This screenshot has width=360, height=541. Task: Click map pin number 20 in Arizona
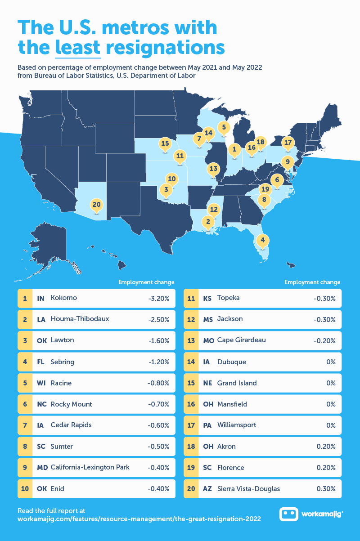[x=96, y=205]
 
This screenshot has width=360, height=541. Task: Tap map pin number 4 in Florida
[x=263, y=241]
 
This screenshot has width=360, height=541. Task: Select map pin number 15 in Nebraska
[x=165, y=144]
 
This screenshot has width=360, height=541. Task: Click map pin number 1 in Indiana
[x=234, y=149]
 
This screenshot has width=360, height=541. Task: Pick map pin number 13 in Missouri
[x=213, y=170]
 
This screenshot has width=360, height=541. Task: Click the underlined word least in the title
[x=77, y=47]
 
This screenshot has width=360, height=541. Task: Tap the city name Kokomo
[x=64, y=298]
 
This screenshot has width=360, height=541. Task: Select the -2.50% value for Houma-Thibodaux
[x=159, y=319]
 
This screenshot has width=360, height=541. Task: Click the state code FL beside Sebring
[x=40, y=362]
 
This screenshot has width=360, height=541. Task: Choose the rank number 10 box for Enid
[x=25, y=489]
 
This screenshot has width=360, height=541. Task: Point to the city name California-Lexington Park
[x=90, y=467]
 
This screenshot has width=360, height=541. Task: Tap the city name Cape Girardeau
[x=241, y=340]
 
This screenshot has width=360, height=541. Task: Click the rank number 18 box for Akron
[x=191, y=447]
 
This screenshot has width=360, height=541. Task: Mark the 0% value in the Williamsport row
[x=331, y=425]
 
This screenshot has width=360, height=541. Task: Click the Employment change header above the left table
[x=146, y=282]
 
